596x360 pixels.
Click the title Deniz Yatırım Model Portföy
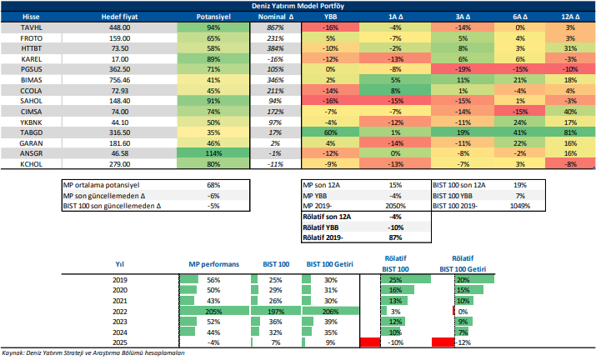click(298, 5)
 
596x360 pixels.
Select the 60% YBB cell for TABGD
click(330, 132)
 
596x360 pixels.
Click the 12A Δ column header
click(570, 16)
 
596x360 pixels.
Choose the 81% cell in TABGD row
click(570, 132)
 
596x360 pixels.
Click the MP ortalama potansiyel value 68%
click(213, 184)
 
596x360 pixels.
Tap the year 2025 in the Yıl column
click(119, 342)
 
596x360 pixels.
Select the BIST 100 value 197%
click(271, 309)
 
